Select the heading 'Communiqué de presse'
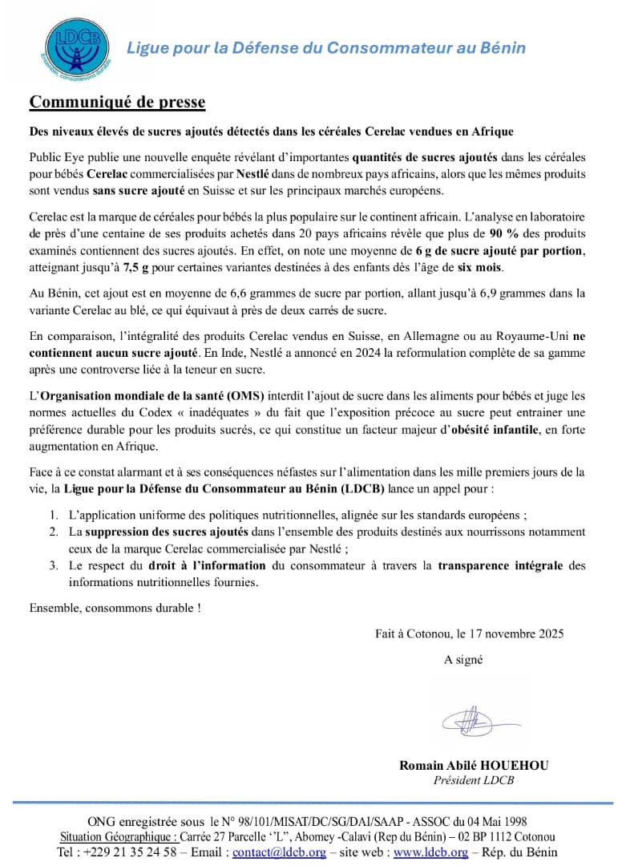[x=117, y=102]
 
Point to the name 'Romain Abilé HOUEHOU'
[x=474, y=766]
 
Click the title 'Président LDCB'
[x=474, y=781]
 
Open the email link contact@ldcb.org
[x=279, y=852]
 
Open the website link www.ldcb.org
[x=430, y=852]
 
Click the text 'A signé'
[x=464, y=660]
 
